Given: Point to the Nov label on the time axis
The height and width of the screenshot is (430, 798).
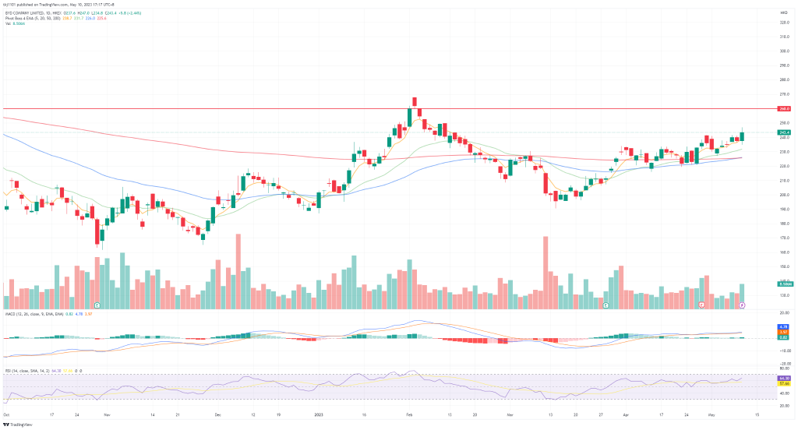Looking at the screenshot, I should coord(107,416).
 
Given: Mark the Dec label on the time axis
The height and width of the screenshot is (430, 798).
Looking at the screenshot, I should coord(218,416).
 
